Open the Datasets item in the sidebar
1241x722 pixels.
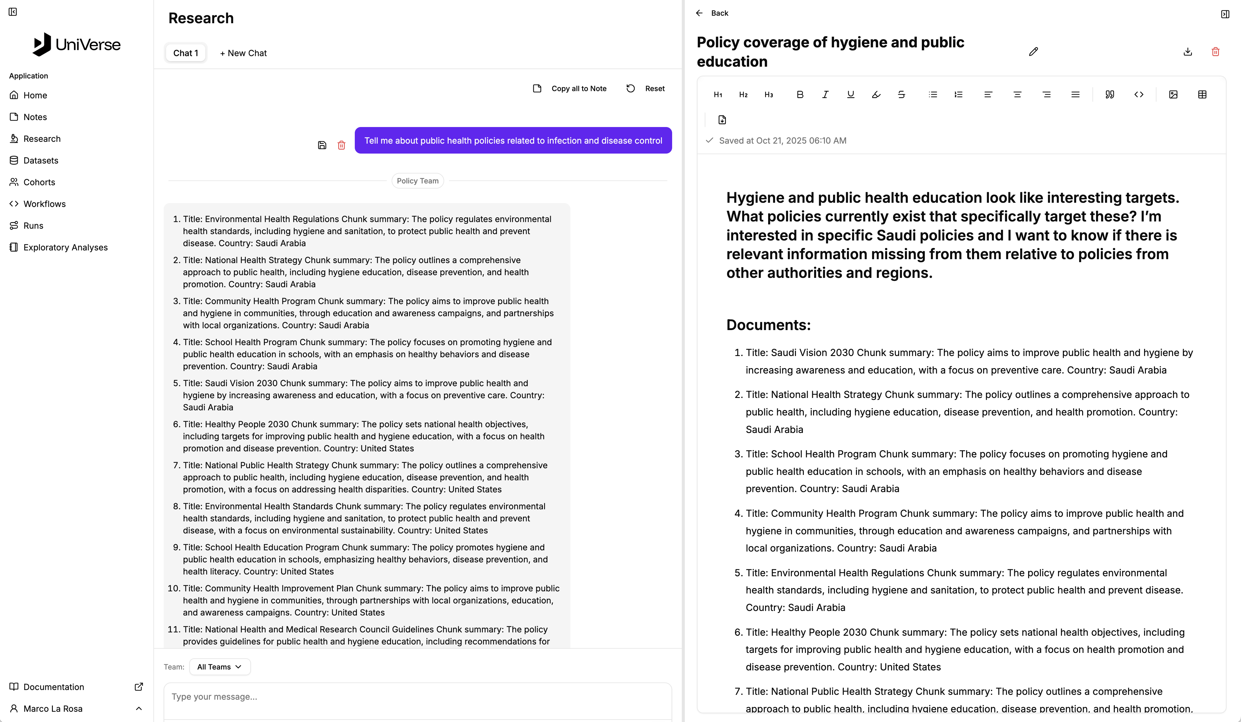(40, 161)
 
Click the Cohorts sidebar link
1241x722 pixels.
(39, 182)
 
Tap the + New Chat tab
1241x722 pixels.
(243, 53)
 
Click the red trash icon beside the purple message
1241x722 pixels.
(341, 145)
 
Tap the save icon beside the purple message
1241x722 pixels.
(322, 145)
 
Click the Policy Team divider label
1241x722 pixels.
(418, 181)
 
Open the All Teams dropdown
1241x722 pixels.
(220, 667)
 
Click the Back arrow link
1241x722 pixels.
(712, 13)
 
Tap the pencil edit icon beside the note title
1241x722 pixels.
(1033, 52)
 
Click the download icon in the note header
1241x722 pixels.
(1187, 52)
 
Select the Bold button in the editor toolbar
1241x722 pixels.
(800, 94)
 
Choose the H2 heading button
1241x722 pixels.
(743, 94)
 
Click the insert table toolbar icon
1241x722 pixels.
(1202, 94)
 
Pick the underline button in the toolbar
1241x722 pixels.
(851, 94)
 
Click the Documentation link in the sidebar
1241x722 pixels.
(54, 687)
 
